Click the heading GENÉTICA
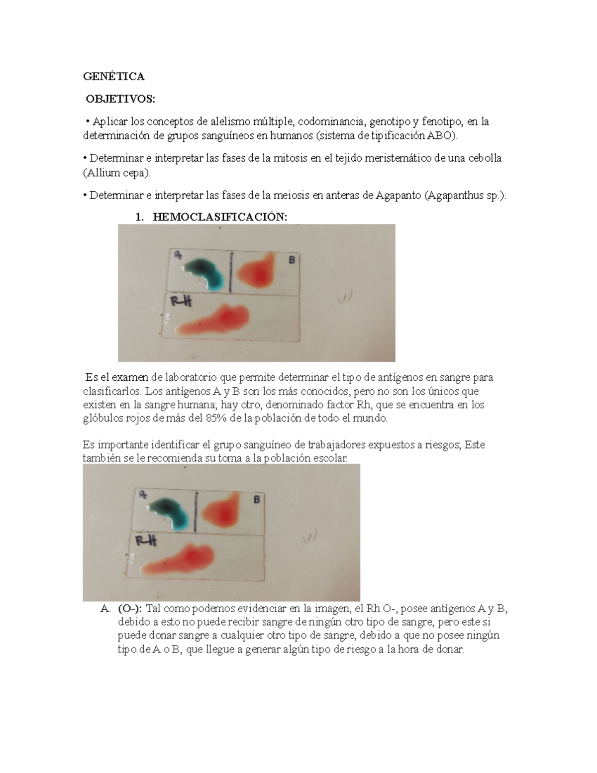[113, 76]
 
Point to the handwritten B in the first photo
[292, 260]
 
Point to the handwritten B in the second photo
[257, 500]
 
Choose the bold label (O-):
[130, 608]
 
